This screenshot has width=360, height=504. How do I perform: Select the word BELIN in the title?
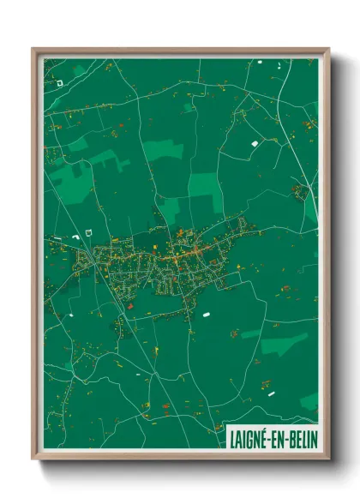click(301, 438)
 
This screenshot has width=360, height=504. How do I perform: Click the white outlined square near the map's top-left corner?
click(60, 83)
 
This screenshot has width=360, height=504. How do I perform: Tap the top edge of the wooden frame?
click(180, 51)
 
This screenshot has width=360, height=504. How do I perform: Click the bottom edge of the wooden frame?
click(180, 456)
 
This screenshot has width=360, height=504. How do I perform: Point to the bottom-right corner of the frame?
click(327, 457)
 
